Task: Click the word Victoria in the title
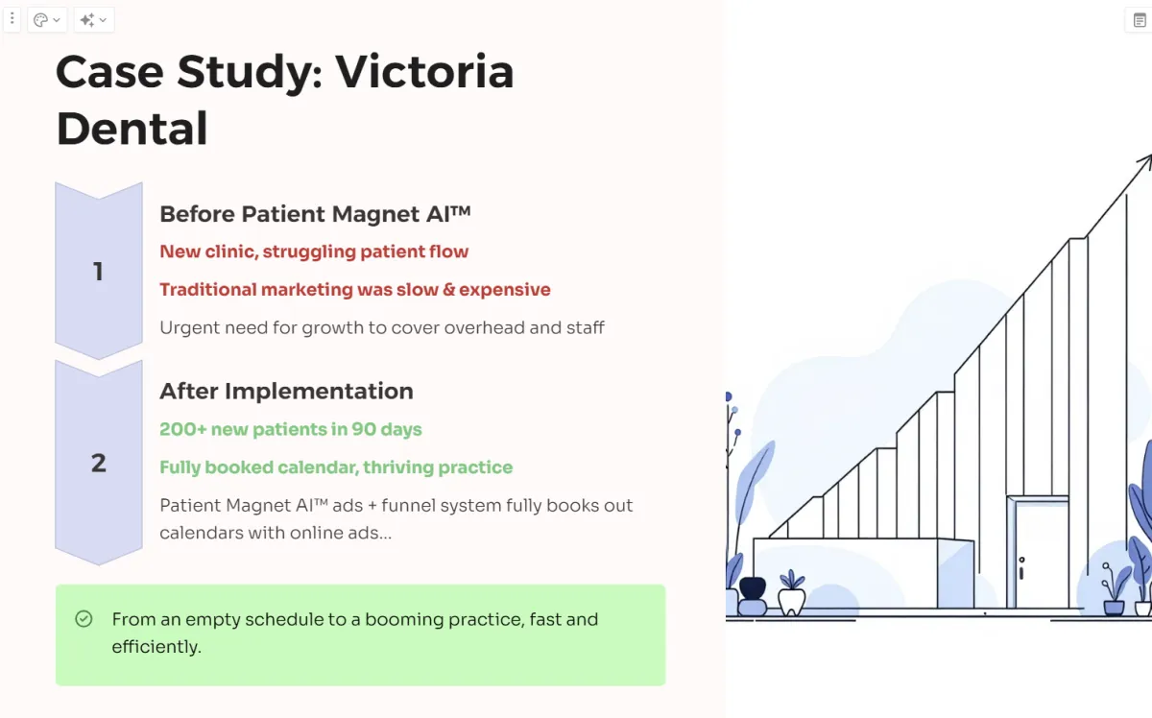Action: (424, 71)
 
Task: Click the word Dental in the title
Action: (132, 128)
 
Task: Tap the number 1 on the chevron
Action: (98, 271)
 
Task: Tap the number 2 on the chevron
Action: (99, 463)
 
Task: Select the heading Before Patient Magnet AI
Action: (315, 214)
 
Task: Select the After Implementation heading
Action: (286, 391)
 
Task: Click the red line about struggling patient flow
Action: (314, 251)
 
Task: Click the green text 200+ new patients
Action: (291, 429)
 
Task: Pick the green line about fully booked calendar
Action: (336, 467)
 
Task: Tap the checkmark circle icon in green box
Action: (84, 619)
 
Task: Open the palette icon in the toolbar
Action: (40, 20)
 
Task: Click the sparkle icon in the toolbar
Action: (87, 20)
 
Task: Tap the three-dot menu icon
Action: (12, 19)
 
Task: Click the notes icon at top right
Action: (1140, 20)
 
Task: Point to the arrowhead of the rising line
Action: (1145, 161)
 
